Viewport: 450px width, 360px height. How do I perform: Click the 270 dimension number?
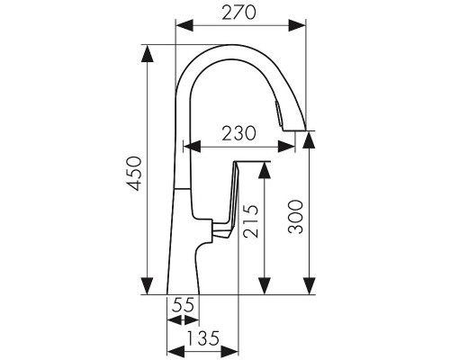coord(239,13)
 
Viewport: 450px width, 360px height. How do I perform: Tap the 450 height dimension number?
coord(134,174)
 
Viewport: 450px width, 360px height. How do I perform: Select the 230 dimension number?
coord(239,133)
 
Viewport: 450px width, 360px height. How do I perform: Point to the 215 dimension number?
coord(251,221)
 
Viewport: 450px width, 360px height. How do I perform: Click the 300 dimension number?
coord(295,217)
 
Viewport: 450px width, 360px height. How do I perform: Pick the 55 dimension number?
coord(183,306)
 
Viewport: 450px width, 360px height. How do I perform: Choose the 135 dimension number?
coord(203,338)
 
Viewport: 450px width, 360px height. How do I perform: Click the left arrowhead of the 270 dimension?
coord(184,25)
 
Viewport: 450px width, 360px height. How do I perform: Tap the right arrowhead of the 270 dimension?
coord(297,25)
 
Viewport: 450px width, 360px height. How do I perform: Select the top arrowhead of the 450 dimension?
coord(147,54)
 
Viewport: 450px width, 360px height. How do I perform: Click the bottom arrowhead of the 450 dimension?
coord(147,286)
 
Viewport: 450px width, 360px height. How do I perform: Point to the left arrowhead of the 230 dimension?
coord(192,147)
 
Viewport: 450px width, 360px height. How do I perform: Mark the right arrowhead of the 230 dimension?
coord(286,147)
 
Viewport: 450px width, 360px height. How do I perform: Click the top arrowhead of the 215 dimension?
coord(265,170)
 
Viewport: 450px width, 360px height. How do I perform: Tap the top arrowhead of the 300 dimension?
coord(309,139)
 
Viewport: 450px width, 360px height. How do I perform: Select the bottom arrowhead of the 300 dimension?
coord(309,286)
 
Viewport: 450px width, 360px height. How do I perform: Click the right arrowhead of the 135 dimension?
coord(229,351)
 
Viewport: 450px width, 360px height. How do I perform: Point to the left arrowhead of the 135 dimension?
coord(175,351)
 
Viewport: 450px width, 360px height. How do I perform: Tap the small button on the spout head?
coord(278,113)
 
